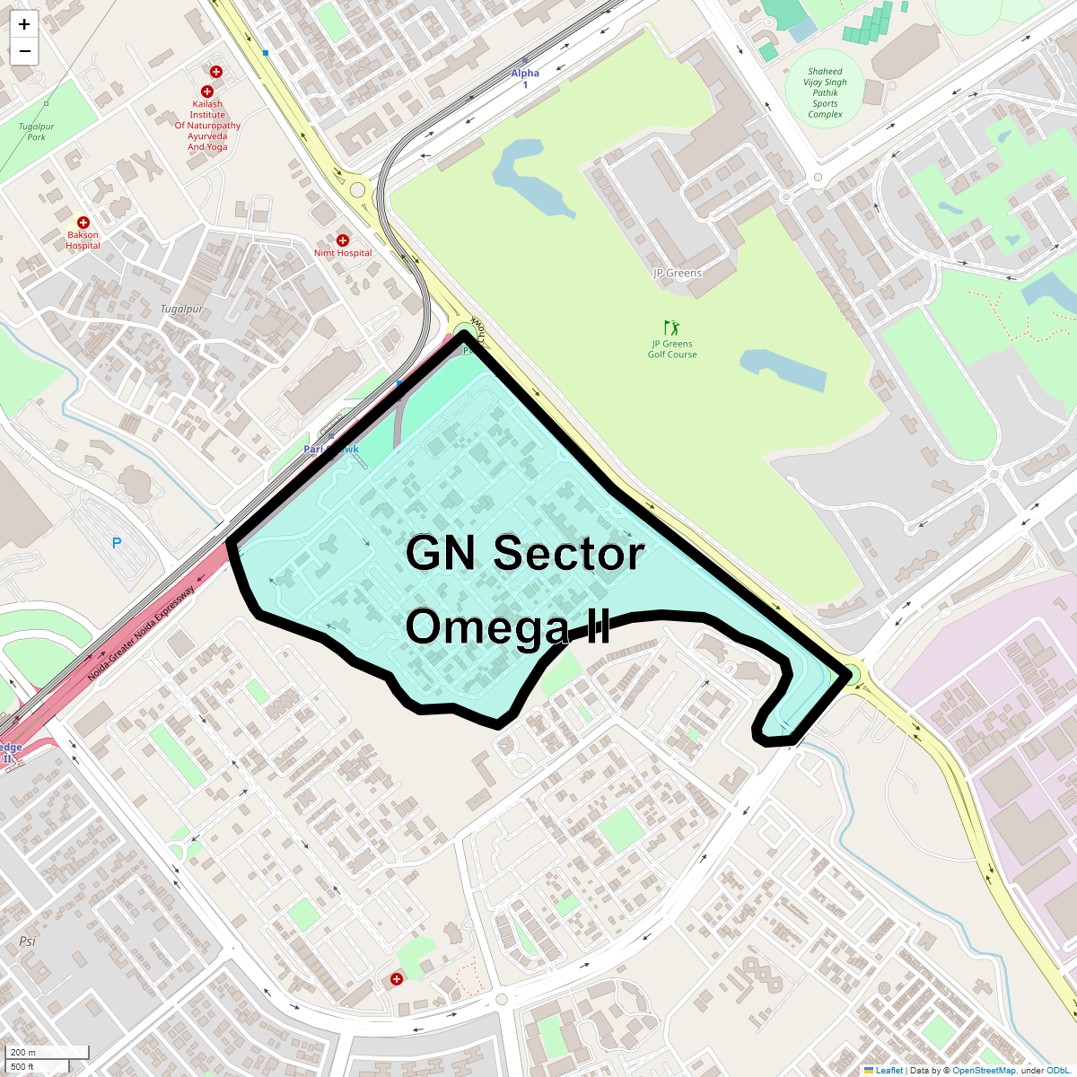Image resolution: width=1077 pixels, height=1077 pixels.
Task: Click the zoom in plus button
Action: [24, 24]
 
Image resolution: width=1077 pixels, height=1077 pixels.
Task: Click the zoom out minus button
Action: [24, 51]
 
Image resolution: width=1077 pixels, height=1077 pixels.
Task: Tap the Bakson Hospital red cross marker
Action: [83, 223]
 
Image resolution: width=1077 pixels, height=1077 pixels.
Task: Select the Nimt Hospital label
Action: [343, 253]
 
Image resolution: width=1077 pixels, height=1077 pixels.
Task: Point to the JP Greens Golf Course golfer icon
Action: [671, 328]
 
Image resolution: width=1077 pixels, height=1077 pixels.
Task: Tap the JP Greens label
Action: [678, 273]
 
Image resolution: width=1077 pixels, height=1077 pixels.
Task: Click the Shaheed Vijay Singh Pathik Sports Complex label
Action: [825, 92]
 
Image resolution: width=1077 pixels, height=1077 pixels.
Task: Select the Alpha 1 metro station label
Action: [525, 79]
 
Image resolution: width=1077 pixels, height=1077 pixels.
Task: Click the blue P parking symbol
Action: [117, 544]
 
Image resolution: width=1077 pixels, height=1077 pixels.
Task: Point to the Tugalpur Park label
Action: [36, 132]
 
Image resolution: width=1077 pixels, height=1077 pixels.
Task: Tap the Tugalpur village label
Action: [181, 309]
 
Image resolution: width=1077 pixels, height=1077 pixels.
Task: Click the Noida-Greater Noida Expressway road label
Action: [141, 634]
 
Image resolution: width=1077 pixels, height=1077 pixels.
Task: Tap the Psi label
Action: [27, 941]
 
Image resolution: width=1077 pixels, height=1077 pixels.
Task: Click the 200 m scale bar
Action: [48, 1053]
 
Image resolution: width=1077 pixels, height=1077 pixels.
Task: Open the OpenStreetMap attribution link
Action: [984, 1070]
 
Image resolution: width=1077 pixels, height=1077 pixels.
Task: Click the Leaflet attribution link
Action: [889, 1070]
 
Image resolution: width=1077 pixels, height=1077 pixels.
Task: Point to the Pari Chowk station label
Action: [331, 449]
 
